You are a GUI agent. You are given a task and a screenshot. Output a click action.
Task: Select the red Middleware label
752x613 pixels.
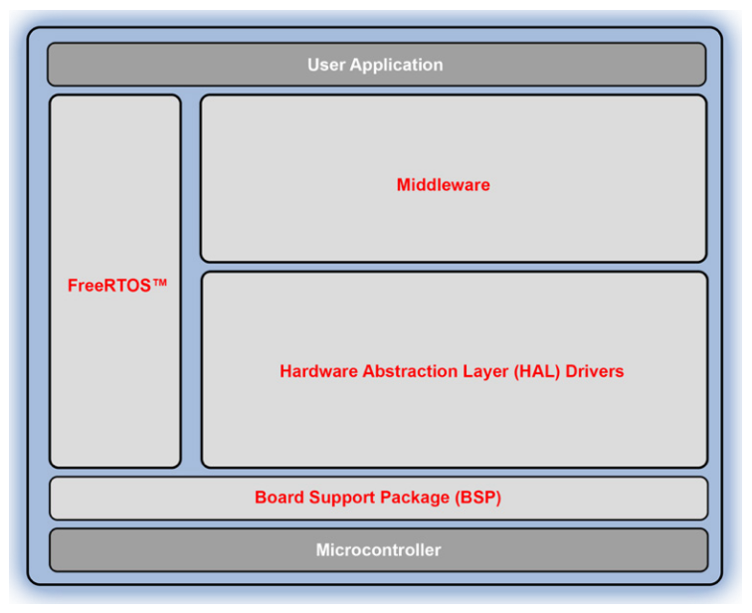tap(443, 185)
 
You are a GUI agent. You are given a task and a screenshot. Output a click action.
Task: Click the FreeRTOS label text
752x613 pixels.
tap(107, 286)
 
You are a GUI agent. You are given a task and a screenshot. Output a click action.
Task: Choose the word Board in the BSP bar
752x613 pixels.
tap(279, 498)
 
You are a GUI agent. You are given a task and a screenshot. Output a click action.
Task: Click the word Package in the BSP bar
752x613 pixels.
tap(416, 498)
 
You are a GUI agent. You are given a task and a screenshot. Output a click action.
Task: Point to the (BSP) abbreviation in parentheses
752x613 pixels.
tap(477, 498)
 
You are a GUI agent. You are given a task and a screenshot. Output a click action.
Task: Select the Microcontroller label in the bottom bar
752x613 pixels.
tap(378, 550)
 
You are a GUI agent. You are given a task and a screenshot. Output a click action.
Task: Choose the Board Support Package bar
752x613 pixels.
tap(617, 498)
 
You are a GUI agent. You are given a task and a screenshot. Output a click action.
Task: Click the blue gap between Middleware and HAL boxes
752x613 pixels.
tap(453, 267)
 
